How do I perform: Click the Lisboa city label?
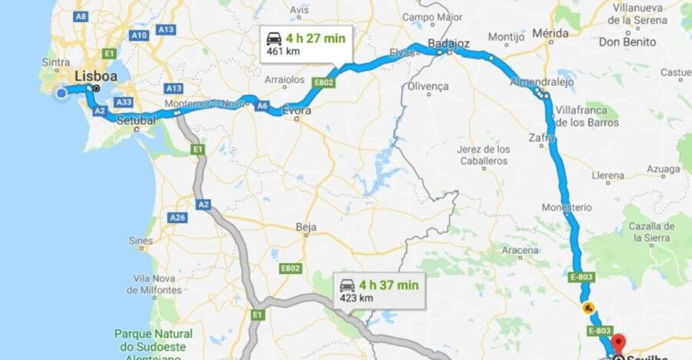96,77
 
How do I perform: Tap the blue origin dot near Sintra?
62,93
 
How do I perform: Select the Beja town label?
306,227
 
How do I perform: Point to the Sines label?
141,241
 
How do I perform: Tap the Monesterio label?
567,208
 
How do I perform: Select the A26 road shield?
178,218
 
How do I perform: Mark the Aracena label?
521,250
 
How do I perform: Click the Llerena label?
607,175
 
